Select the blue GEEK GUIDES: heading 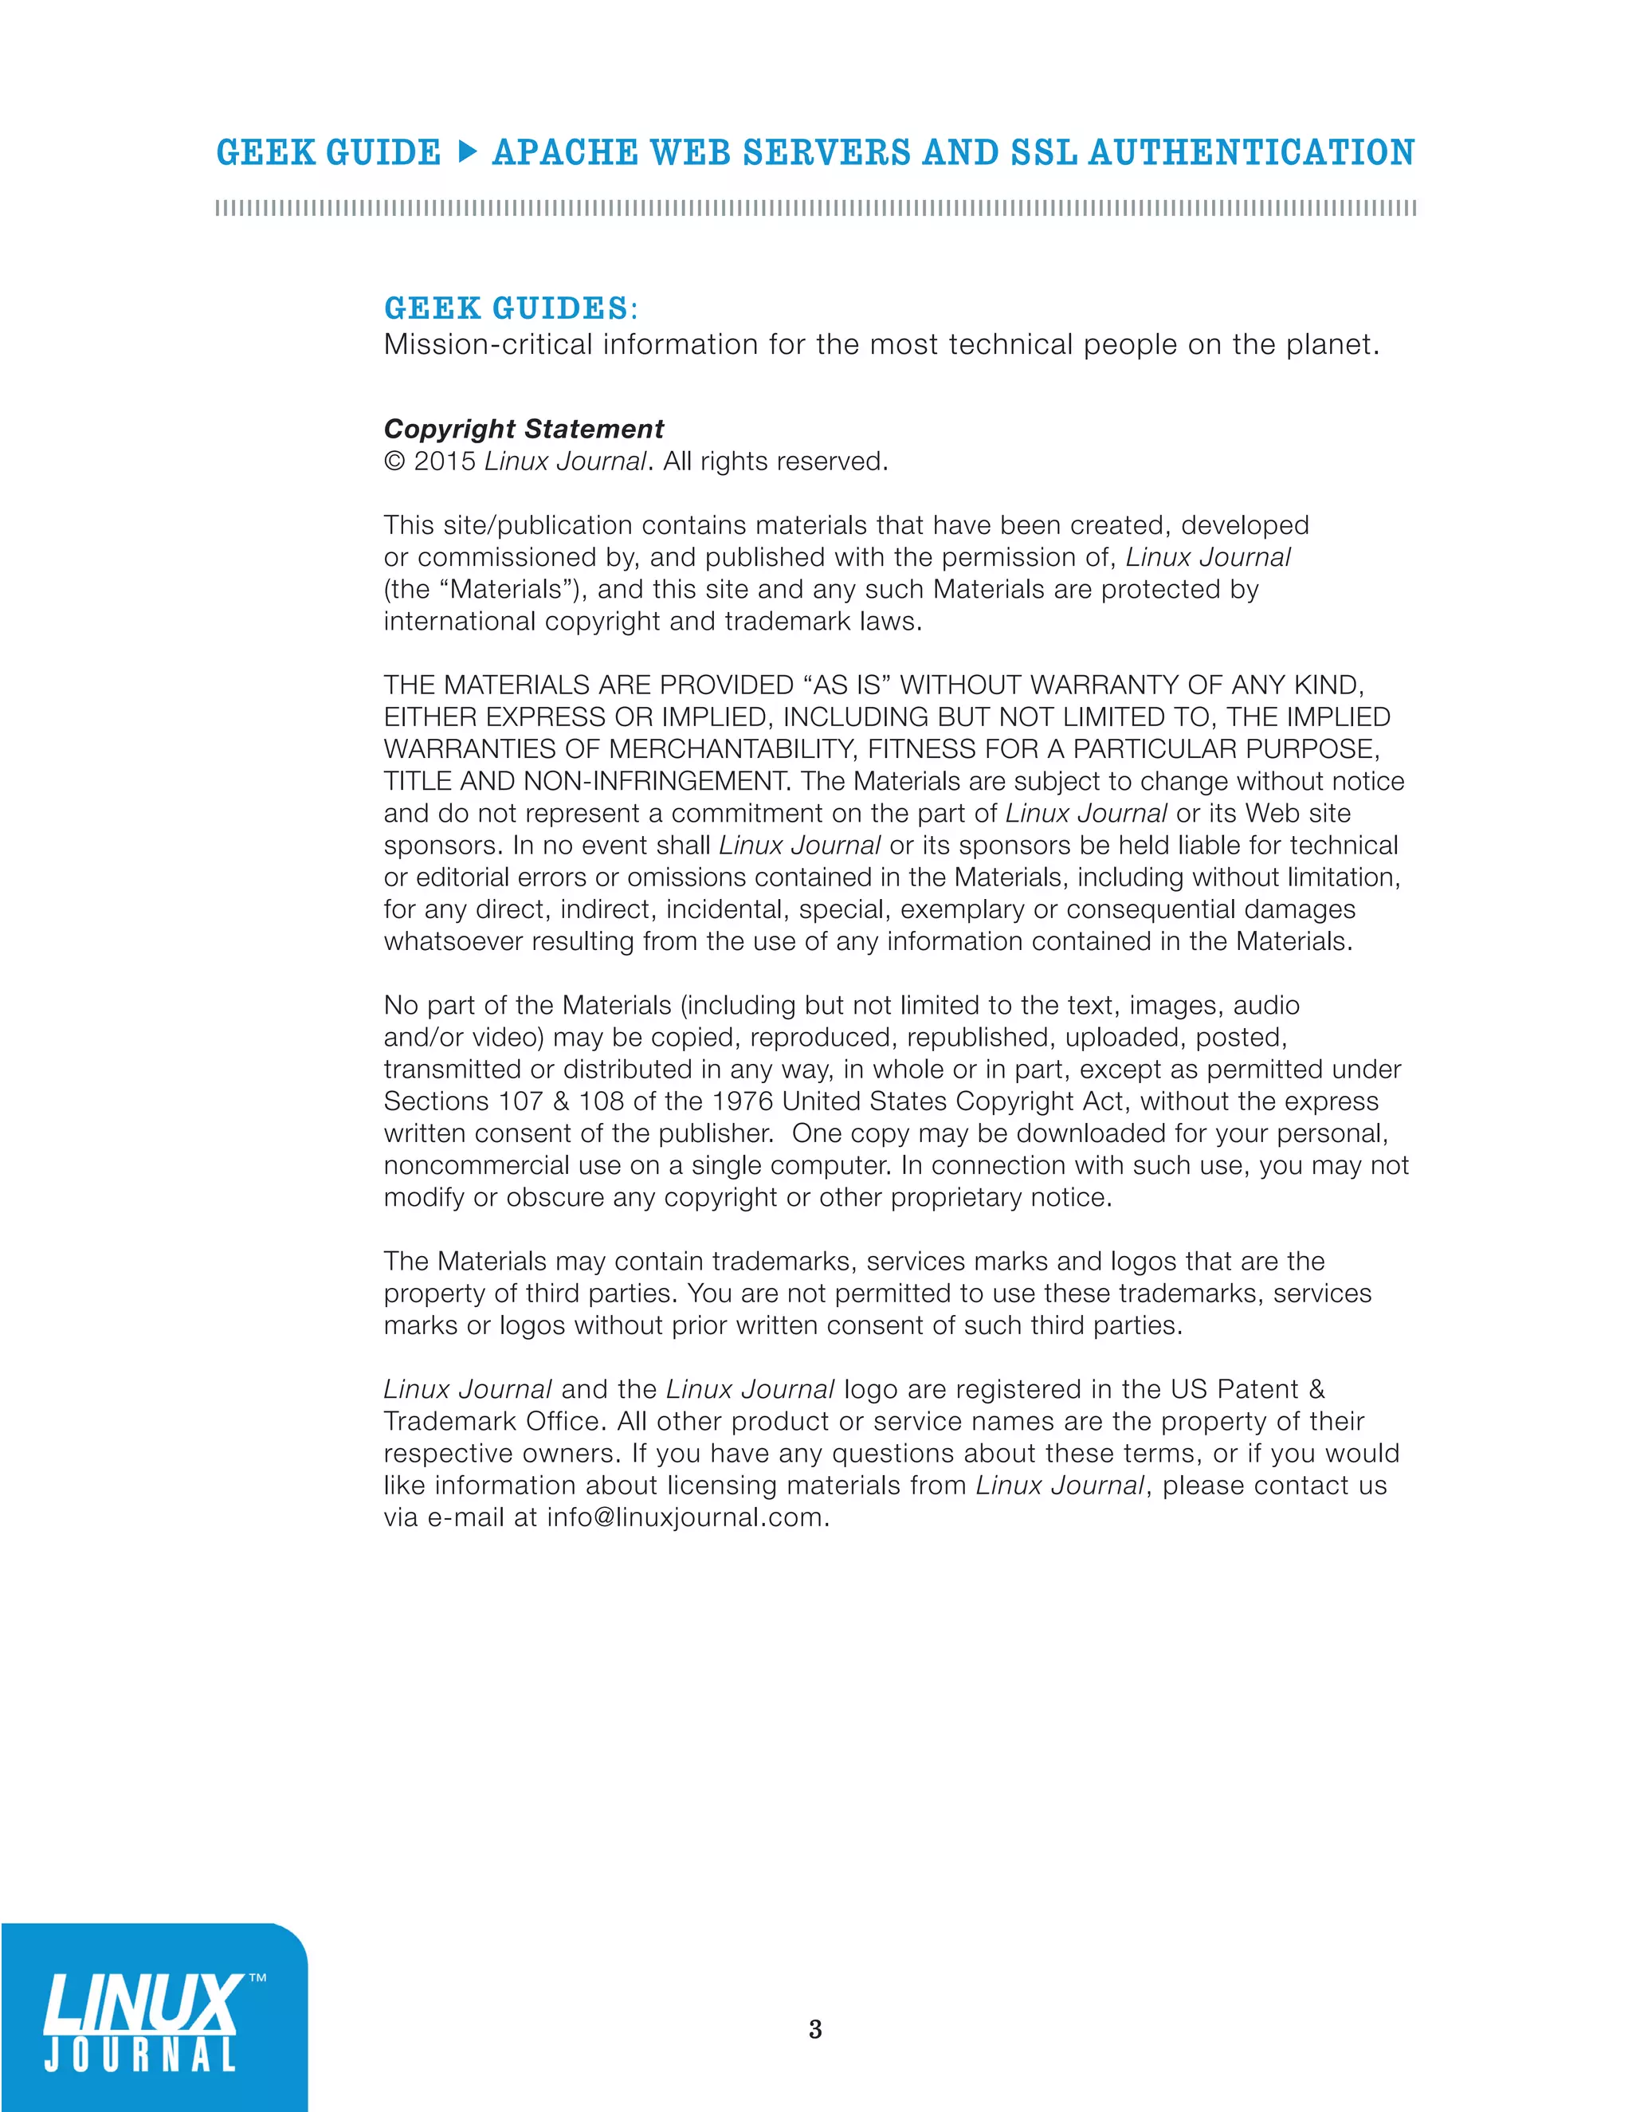(x=511, y=308)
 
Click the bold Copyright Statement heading (x=523, y=429)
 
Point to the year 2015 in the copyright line (x=445, y=461)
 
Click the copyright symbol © (x=394, y=461)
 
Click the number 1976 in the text (x=743, y=1101)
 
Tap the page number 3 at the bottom (x=815, y=2029)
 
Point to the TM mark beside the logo (x=257, y=1979)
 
